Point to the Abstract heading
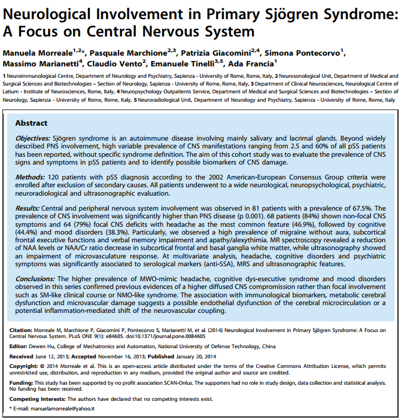click(x=31, y=123)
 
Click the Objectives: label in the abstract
click(x=34, y=138)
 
